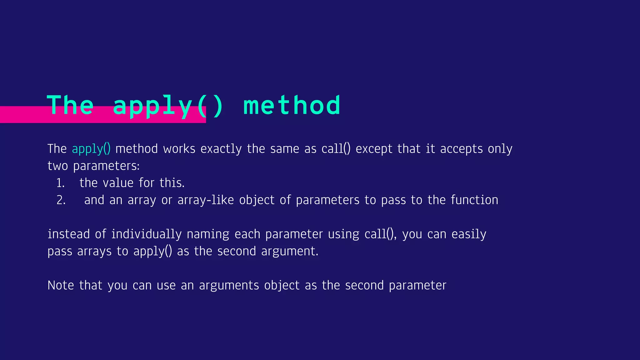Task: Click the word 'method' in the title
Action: (x=292, y=106)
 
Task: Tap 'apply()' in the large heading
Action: (x=168, y=106)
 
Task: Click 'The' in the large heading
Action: (x=70, y=106)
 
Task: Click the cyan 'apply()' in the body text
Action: (x=91, y=149)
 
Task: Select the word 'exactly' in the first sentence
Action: (x=221, y=149)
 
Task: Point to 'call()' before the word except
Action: (x=336, y=149)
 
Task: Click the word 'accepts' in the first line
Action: (x=461, y=149)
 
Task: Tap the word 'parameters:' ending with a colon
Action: (x=106, y=166)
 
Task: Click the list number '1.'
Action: (x=60, y=183)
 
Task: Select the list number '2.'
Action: (x=61, y=200)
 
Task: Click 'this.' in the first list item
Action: (x=172, y=183)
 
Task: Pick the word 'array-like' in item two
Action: (x=206, y=200)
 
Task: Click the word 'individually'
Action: (x=146, y=234)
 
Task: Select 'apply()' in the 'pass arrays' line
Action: (x=152, y=251)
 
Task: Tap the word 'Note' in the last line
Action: (x=61, y=285)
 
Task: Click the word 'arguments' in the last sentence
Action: (x=229, y=285)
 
